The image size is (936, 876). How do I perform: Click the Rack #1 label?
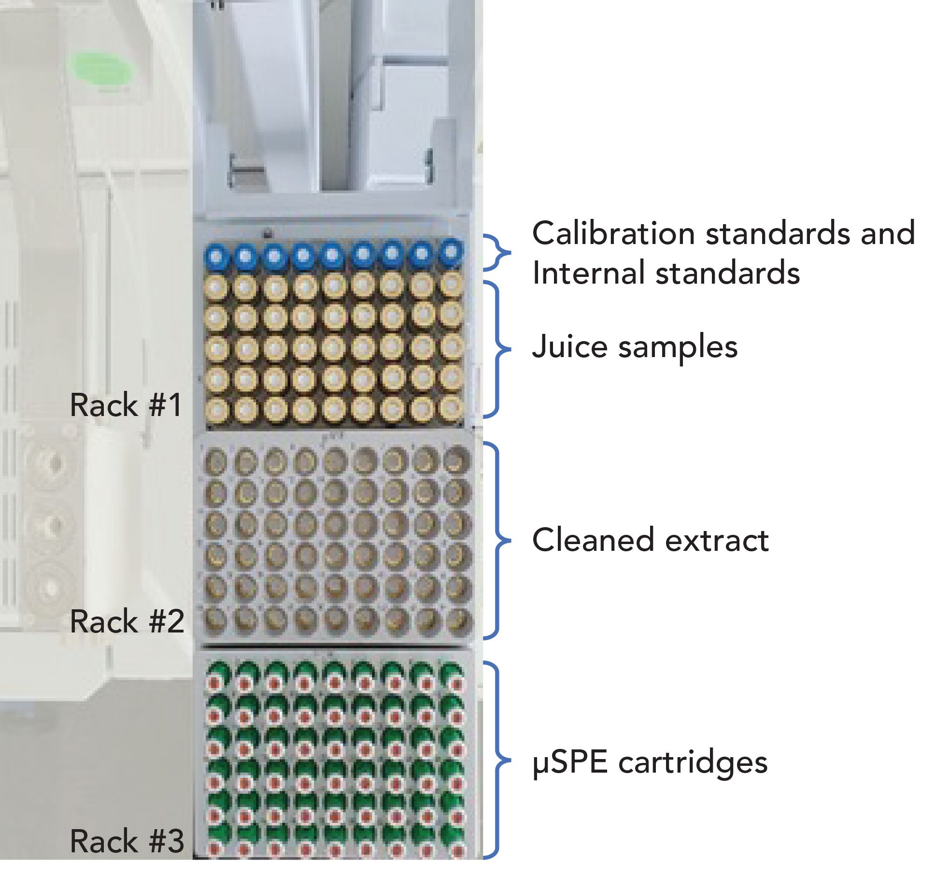click(x=126, y=405)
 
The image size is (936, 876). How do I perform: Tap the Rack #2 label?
click(x=127, y=621)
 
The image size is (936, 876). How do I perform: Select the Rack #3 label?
click(x=127, y=841)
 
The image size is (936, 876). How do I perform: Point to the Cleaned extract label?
click(x=650, y=540)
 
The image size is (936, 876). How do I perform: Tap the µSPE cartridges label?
click(x=650, y=762)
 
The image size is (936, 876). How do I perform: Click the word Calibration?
click(x=613, y=234)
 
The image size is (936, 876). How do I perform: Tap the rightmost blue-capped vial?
click(x=451, y=253)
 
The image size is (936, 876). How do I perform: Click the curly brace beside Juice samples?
click(x=497, y=349)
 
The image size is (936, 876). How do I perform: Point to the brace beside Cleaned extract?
click(x=497, y=540)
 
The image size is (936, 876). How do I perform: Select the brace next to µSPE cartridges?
click(x=497, y=761)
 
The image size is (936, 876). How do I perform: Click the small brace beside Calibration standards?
click(x=497, y=253)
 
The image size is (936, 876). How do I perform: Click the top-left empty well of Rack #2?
click(x=215, y=462)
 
